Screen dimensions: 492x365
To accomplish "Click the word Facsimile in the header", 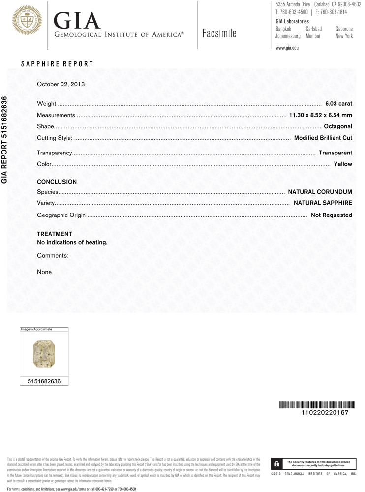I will (219, 33).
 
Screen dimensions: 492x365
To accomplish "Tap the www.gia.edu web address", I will (287, 48).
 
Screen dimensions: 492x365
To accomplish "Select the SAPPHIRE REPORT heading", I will (57, 64).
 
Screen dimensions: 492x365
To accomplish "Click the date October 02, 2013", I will (61, 84).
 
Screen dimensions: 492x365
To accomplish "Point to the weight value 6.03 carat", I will (338, 104).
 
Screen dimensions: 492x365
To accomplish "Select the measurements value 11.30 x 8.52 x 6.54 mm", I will (320, 115).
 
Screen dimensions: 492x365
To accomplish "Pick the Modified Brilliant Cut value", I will (323, 138).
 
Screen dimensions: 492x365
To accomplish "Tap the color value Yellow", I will (343, 164).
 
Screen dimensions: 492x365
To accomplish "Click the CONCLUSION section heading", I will (57, 182).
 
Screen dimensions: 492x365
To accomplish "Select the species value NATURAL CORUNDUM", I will (320, 191).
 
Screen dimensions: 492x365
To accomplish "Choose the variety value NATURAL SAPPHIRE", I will (323, 203).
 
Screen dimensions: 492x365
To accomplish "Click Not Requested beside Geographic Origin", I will (331, 215).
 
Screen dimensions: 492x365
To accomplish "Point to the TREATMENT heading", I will (55, 234).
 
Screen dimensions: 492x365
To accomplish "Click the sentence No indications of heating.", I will (72, 242).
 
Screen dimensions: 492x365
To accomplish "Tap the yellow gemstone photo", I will (44, 354).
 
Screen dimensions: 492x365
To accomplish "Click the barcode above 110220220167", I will (316, 405).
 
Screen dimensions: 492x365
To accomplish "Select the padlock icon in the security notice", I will (277, 463).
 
